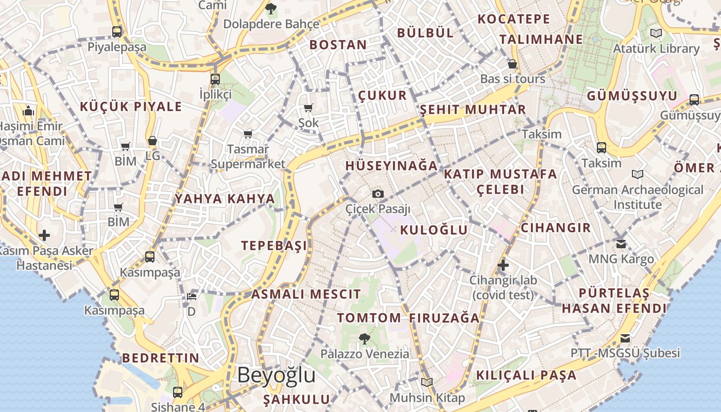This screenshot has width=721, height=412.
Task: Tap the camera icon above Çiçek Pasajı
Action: [378, 194]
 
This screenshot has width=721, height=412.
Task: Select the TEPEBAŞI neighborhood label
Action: [274, 246]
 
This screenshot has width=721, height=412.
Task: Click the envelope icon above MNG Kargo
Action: [621, 244]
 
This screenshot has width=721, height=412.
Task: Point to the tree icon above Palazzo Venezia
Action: [365, 338]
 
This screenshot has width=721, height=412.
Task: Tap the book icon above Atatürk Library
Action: [656, 33]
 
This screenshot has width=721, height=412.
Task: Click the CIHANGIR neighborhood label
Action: [556, 228]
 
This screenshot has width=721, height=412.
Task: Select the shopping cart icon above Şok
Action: [308, 108]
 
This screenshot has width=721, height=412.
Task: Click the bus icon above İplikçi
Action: [215, 79]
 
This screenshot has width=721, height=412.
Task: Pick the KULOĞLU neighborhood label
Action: [434, 230]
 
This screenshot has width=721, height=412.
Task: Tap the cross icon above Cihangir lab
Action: [503, 265]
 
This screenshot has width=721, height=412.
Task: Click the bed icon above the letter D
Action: [192, 297]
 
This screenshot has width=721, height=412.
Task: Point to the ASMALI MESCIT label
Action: [306, 295]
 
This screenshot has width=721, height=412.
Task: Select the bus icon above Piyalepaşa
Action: [117, 31]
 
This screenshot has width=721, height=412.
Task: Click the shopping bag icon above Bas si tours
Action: [512, 64]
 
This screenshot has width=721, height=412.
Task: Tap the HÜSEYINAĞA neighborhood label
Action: [391, 166]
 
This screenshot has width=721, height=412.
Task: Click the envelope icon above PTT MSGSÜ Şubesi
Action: [625, 338]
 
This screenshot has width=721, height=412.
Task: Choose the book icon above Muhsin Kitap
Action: [427, 382]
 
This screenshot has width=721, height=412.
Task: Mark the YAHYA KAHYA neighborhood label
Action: [225, 199]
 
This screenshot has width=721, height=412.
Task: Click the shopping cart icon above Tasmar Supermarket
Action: [248, 134]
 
